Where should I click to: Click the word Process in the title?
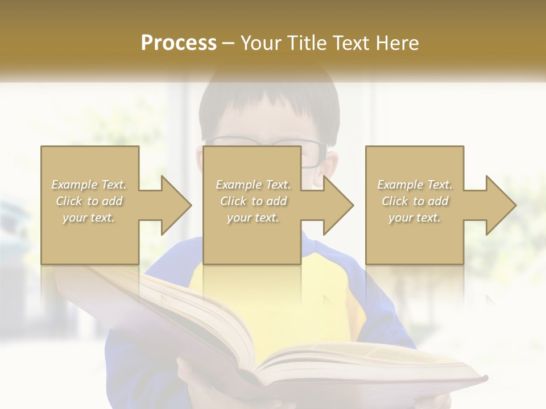(179, 43)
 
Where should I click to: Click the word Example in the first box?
(74, 185)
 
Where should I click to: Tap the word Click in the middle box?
(233, 201)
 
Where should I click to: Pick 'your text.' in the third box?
(414, 218)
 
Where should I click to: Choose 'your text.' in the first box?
(89, 218)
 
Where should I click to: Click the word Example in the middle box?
(238, 185)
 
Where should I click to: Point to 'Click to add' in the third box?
(414, 201)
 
